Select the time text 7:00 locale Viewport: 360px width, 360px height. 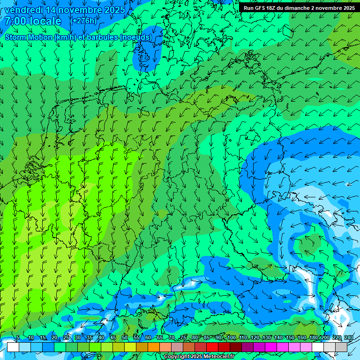click(x=33, y=21)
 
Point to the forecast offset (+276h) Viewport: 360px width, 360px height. click(x=83, y=21)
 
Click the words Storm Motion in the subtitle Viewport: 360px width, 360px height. click(x=28, y=37)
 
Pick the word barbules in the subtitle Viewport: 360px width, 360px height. click(x=103, y=37)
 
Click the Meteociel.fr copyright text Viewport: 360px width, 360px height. click(x=206, y=357)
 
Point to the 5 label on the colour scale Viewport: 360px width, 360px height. click(x=18, y=337)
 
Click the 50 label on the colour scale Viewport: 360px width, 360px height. click(x=124, y=337)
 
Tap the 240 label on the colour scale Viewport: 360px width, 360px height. click(x=349, y=337)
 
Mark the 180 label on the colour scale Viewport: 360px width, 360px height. click(x=313, y=337)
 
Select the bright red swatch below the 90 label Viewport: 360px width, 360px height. click(x=212, y=347)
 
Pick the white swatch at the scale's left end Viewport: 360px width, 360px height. click(x=13, y=347)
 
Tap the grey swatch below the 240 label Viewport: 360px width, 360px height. click(x=341, y=347)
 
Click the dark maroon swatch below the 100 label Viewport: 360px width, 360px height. click(x=236, y=347)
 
